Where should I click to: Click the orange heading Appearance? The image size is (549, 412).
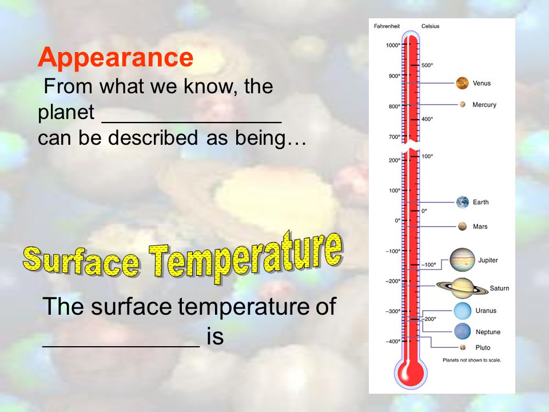pyautogui.click(x=116, y=57)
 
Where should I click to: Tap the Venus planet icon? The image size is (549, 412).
pyautogui.click(x=462, y=83)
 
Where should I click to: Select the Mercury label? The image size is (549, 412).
pyautogui.click(x=484, y=105)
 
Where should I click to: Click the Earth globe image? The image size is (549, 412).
pyautogui.click(x=463, y=202)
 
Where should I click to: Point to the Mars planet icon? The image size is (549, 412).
pyautogui.click(x=462, y=227)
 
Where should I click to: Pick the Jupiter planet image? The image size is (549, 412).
pyautogui.click(x=462, y=260)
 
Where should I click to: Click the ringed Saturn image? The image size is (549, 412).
pyautogui.click(x=462, y=288)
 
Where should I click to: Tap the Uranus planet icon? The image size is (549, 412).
pyautogui.click(x=463, y=311)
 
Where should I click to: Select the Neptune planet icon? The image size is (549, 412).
pyautogui.click(x=463, y=331)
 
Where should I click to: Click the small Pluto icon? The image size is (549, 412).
pyautogui.click(x=463, y=347)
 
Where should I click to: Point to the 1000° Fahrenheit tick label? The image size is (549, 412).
pyautogui.click(x=392, y=45)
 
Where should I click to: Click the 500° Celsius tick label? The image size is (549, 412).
pyautogui.click(x=427, y=65)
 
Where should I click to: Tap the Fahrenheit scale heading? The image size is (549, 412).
pyautogui.click(x=387, y=26)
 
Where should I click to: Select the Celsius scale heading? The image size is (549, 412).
pyautogui.click(x=430, y=26)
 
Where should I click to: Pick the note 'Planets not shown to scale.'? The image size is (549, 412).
pyautogui.click(x=472, y=360)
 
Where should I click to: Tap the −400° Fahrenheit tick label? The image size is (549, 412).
pyautogui.click(x=393, y=341)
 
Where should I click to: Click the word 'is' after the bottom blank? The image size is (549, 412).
pyautogui.click(x=215, y=336)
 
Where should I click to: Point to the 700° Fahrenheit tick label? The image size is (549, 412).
pyautogui.click(x=394, y=137)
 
